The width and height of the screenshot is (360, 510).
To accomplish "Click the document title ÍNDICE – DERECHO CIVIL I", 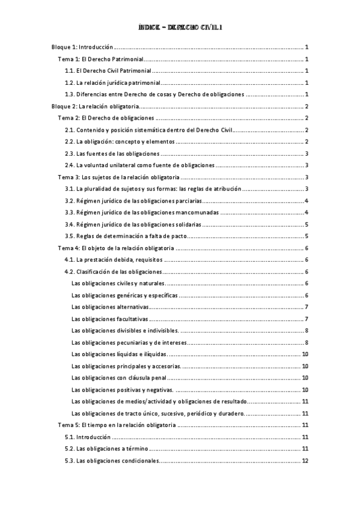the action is coord(180,27).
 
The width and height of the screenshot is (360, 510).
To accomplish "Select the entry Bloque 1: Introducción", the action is coord(81,46).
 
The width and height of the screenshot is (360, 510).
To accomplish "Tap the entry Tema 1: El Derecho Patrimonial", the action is coord(100,59).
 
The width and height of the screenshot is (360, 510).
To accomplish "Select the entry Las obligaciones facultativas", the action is coord(109,319).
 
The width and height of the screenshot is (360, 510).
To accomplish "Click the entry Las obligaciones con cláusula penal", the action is coord(118,378).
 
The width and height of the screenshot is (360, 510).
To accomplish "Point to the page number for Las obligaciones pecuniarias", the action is coord(307,342).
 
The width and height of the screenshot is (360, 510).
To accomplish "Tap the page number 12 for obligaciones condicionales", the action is coord(305,461).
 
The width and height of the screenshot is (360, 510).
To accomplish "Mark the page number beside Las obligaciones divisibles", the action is coord(307,330).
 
